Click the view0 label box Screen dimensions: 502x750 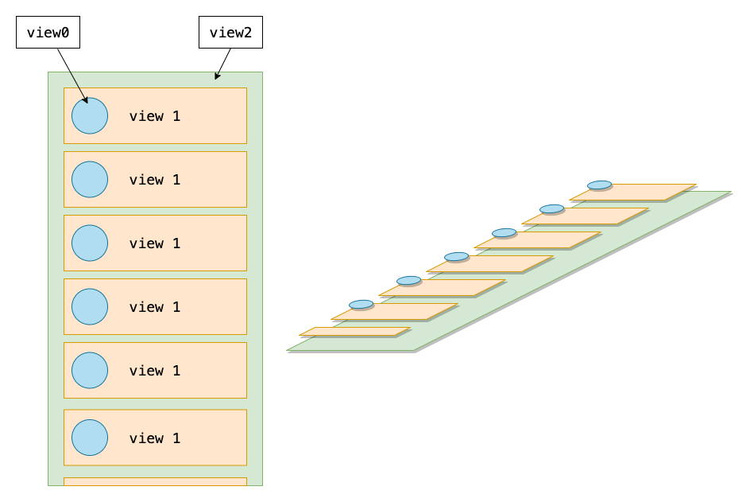coord(48,32)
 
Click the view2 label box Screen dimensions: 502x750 coord(230,32)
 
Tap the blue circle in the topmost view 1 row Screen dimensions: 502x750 coord(90,115)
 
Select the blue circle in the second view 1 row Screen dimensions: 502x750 coord(90,179)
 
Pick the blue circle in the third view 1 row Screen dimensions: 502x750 coord(90,243)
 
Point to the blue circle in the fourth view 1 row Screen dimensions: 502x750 coord(90,306)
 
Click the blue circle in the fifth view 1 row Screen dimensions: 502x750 coord(90,370)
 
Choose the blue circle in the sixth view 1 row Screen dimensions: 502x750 coord(90,438)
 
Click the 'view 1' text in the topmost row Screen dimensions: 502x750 coord(155,116)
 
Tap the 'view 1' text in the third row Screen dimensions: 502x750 coord(155,243)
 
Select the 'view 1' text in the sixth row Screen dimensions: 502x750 coord(155,438)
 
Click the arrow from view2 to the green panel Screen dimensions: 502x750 coord(222,64)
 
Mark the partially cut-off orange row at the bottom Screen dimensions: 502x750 coord(155,481)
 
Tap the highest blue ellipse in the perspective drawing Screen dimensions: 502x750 coord(600,185)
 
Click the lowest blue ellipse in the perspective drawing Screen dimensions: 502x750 coord(361,304)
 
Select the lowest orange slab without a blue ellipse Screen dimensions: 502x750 coord(354,332)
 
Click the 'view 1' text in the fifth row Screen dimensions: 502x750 coord(155,371)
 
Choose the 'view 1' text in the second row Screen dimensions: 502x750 coord(155,180)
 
